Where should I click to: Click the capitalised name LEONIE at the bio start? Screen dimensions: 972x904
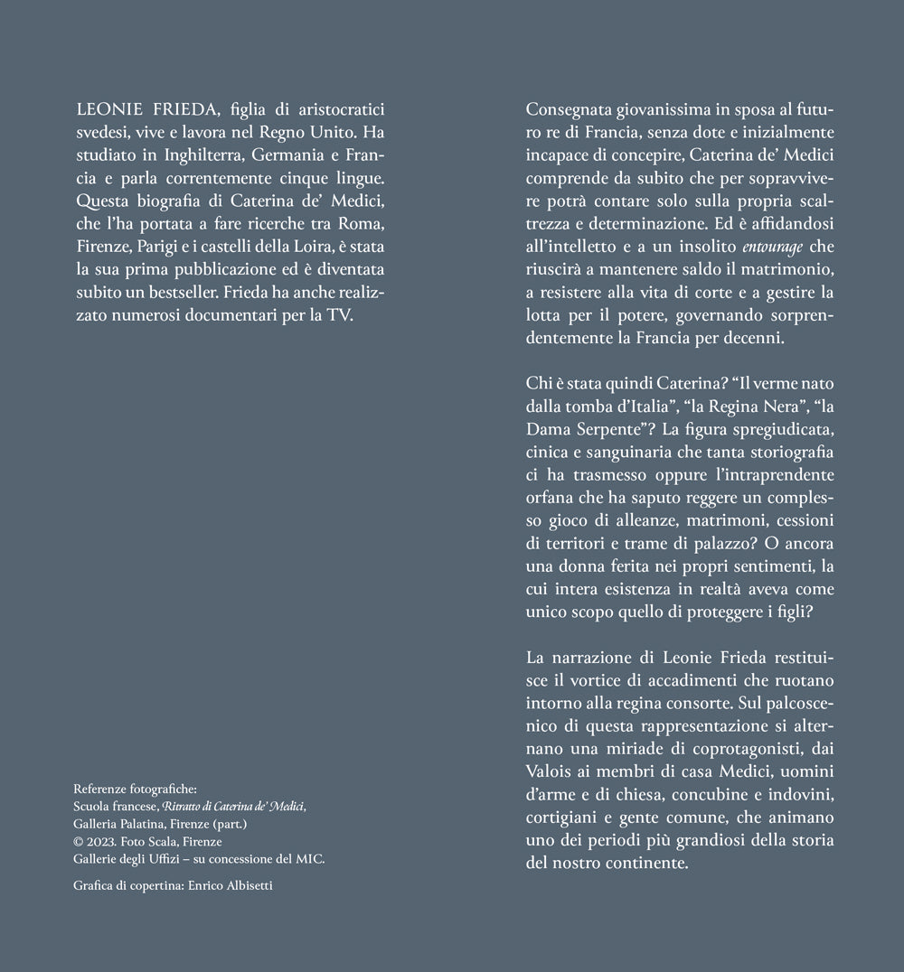(x=105, y=109)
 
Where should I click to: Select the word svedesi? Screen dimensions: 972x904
(x=101, y=132)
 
